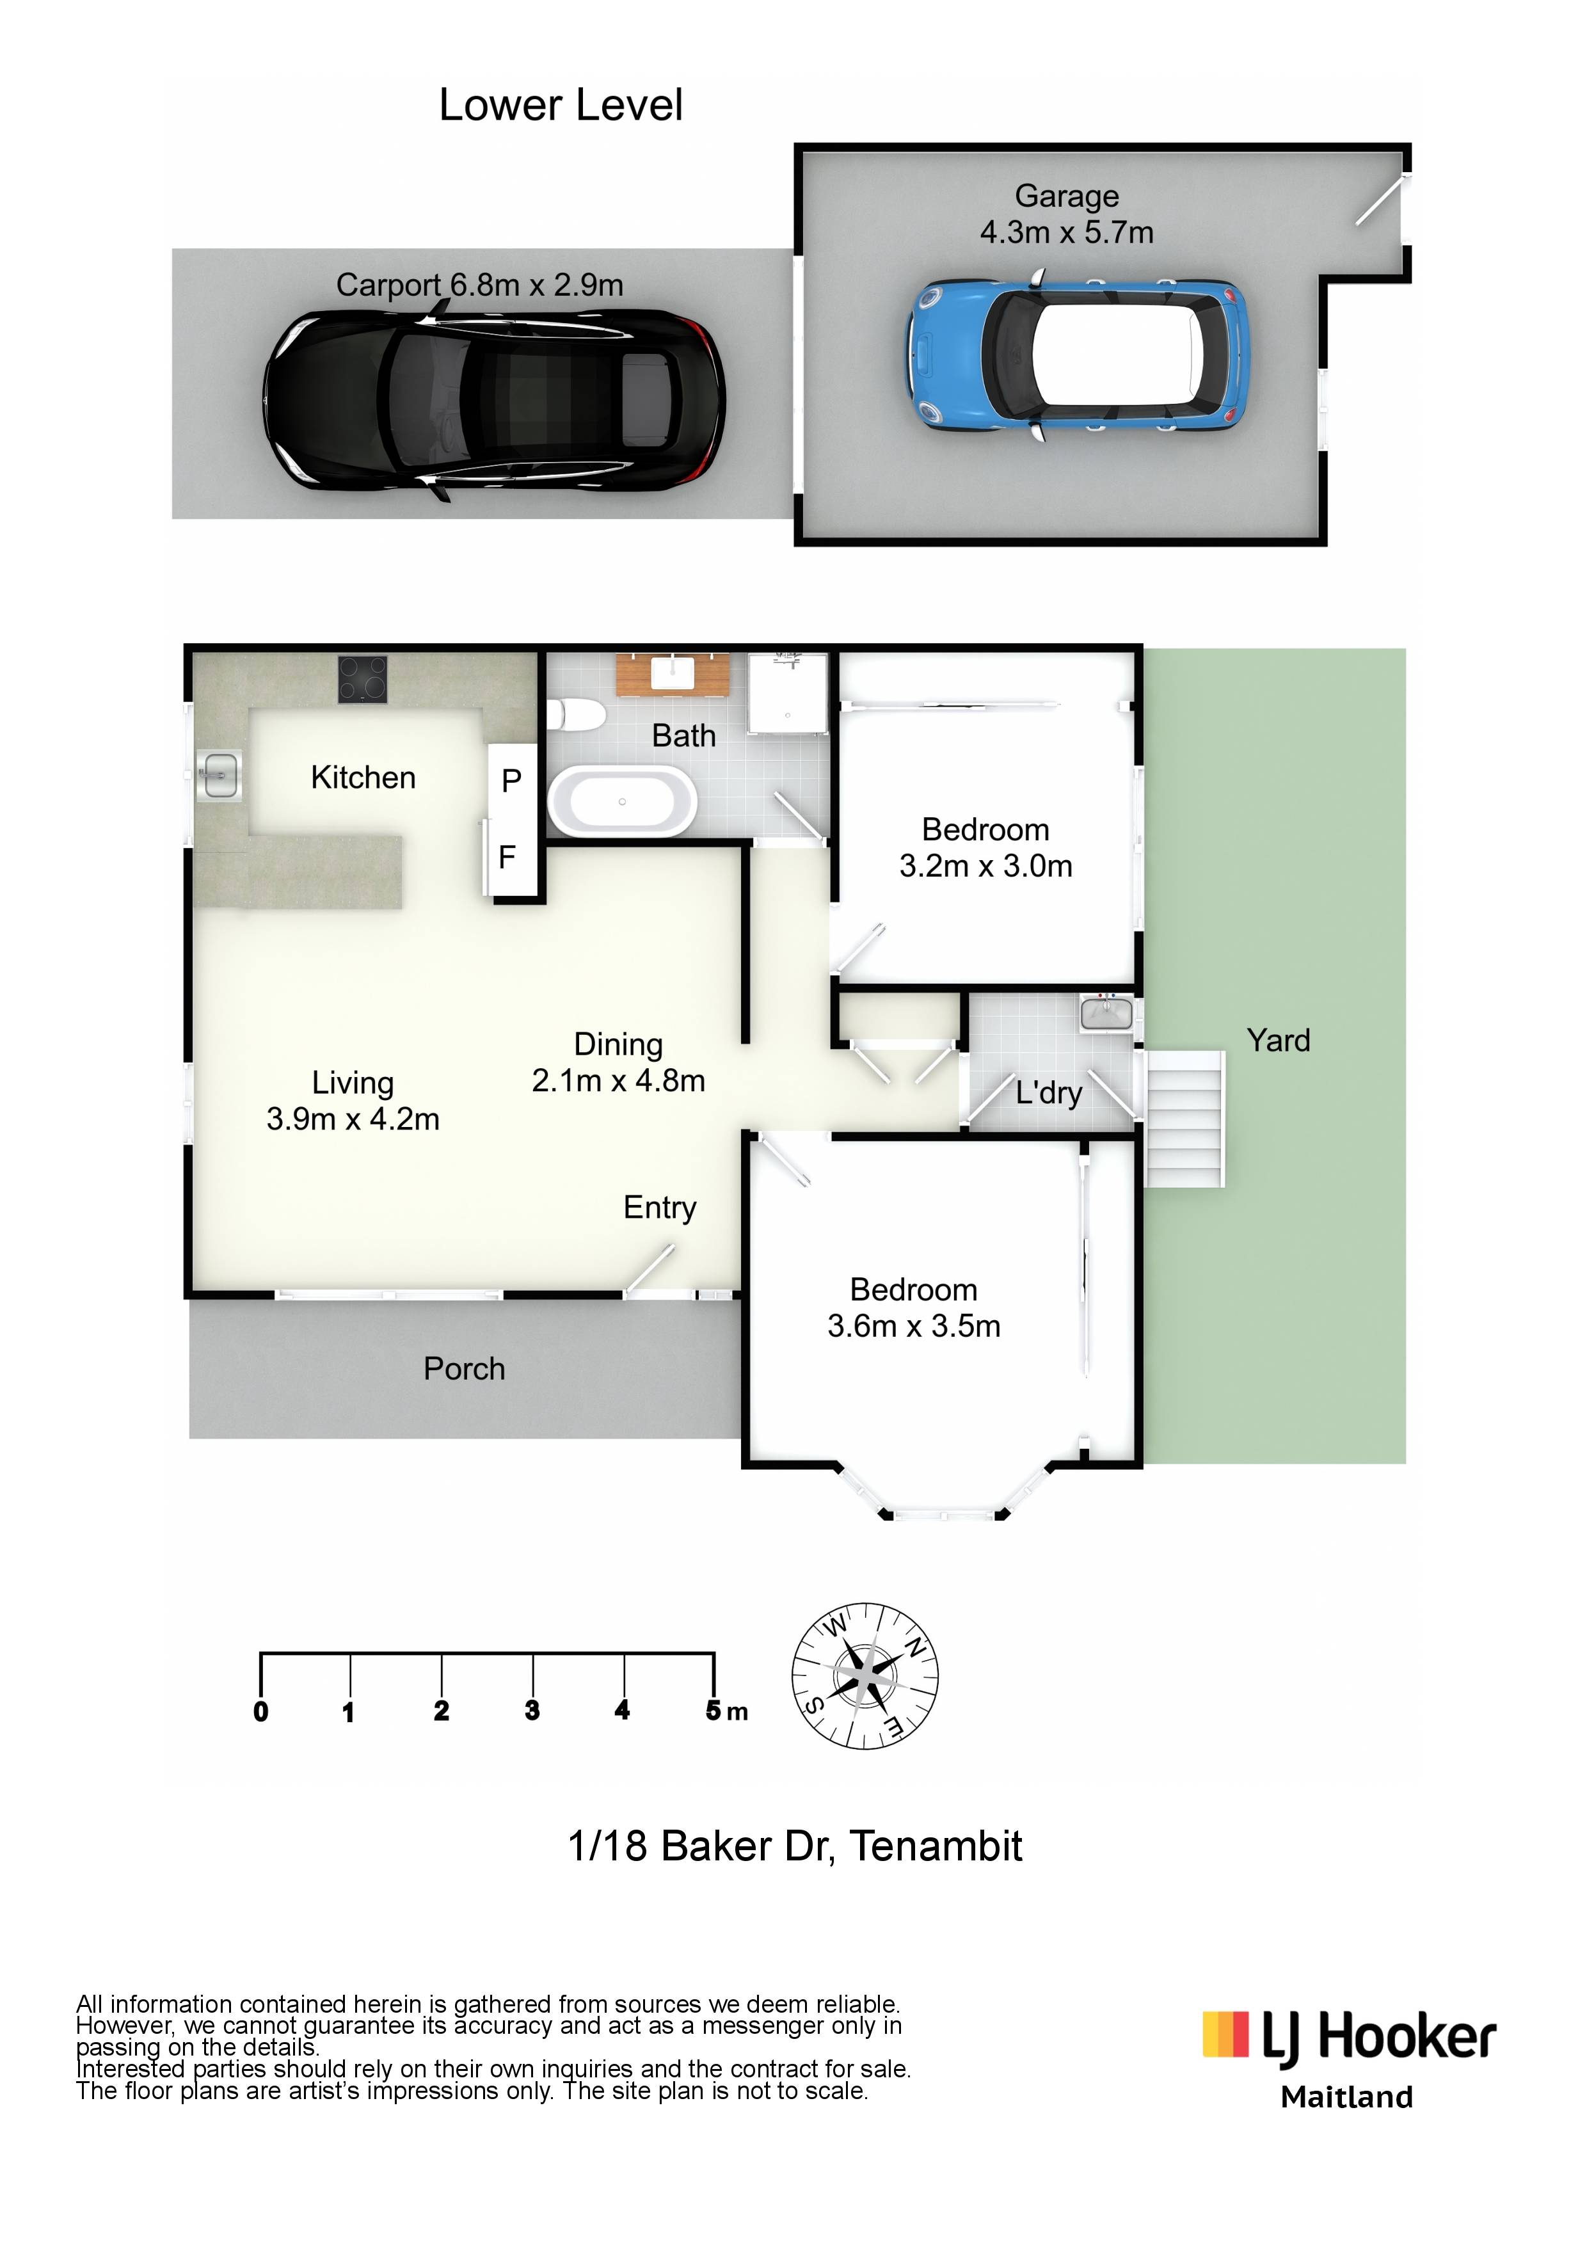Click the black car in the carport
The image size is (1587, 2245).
(494, 401)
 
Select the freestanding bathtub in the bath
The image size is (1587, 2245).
(623, 801)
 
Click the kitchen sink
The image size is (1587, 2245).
(218, 776)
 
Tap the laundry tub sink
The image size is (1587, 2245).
(1107, 1013)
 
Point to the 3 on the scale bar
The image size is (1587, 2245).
(532, 1709)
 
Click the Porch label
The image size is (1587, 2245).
(465, 1369)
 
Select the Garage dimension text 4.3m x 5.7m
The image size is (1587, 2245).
(1067, 233)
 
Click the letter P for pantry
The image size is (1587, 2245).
(511, 780)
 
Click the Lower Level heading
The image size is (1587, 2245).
(561, 104)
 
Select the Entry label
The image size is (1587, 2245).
(660, 1208)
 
